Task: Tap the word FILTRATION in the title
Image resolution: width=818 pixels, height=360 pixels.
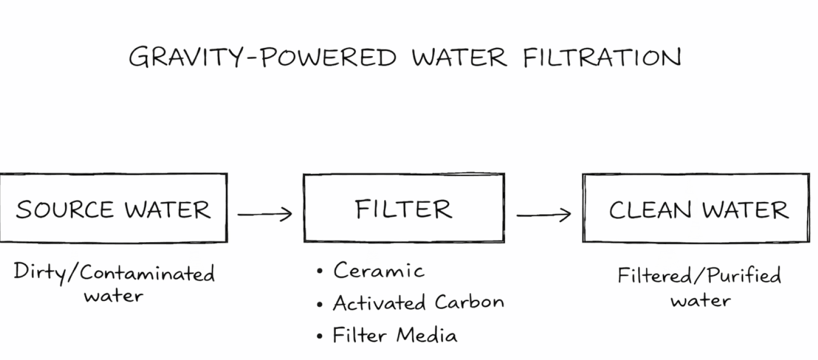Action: click(x=601, y=57)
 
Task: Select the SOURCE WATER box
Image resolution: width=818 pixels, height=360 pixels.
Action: click(x=113, y=208)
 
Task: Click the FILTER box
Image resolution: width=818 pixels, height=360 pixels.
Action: click(x=404, y=208)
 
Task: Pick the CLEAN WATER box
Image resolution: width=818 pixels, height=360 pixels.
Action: click(x=696, y=208)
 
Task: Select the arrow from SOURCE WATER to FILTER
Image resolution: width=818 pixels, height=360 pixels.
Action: click(x=264, y=214)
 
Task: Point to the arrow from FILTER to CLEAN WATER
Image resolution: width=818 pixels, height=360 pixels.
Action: click(x=544, y=214)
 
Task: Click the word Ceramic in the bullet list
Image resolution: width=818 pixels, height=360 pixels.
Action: click(x=379, y=271)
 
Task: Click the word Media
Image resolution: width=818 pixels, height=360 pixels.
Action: click(x=426, y=335)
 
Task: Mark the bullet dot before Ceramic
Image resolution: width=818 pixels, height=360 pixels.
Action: click(x=320, y=272)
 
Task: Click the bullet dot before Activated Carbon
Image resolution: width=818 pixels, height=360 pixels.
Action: click(x=320, y=305)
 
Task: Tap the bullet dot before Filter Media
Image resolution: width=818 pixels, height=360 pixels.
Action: click(x=320, y=337)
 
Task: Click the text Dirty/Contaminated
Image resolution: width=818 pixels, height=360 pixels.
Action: click(x=114, y=273)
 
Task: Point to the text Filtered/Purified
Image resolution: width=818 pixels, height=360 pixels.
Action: click(x=699, y=276)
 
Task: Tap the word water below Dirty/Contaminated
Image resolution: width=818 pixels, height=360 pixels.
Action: click(x=114, y=296)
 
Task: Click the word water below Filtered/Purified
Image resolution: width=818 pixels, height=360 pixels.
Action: click(x=701, y=301)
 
